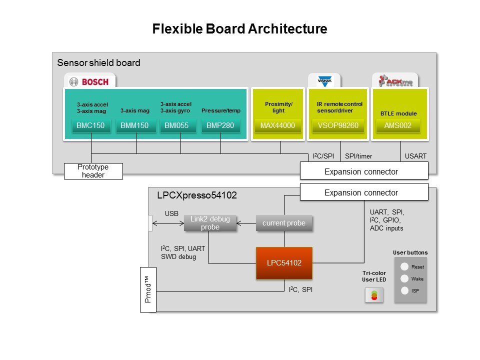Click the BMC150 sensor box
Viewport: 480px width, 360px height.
(x=91, y=125)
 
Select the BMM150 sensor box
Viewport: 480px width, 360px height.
(x=135, y=125)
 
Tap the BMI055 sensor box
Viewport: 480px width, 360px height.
(x=177, y=125)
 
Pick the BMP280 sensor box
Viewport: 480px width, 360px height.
(x=220, y=125)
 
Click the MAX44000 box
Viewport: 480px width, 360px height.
(x=277, y=125)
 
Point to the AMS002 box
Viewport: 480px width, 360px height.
(x=398, y=125)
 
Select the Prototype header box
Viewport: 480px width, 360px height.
(x=93, y=170)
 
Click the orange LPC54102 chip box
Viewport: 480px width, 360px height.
(x=284, y=263)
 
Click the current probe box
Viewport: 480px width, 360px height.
(x=284, y=223)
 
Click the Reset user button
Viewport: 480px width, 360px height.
(x=404, y=267)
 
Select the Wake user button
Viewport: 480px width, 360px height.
(x=404, y=278)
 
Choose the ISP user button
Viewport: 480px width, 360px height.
(x=404, y=290)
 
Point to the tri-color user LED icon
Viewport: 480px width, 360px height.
(x=374, y=296)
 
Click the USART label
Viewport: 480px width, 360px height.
(x=415, y=156)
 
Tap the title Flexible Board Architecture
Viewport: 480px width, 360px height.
(x=239, y=29)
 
